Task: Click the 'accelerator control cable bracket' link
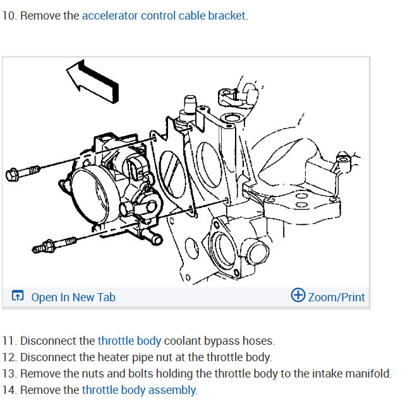[164, 15]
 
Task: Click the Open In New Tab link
[73, 297]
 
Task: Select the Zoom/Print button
[336, 297]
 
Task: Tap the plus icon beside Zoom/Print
[298, 295]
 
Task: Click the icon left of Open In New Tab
[18, 296]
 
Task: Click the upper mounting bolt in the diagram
[21, 172]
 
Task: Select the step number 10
[9, 15]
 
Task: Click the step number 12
[9, 357]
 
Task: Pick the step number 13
[9, 374]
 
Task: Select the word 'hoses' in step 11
[260, 341]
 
